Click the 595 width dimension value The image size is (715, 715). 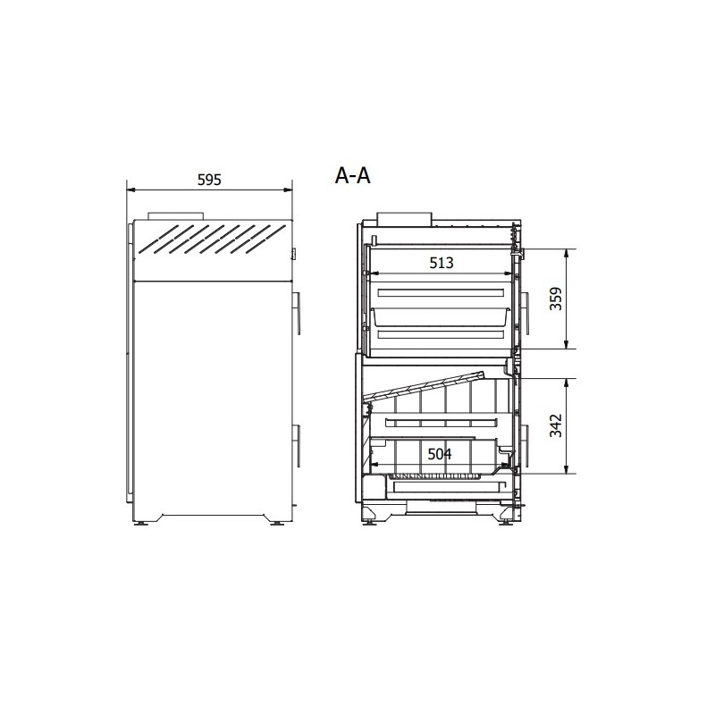tap(209, 180)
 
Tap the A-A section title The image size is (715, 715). tap(352, 175)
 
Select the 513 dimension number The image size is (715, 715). tap(442, 263)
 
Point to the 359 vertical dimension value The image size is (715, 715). tap(556, 299)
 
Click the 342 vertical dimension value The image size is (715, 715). tap(556, 425)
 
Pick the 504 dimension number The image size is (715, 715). tap(440, 454)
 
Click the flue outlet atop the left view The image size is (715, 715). tap(175, 216)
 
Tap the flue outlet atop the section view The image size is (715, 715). tap(404, 218)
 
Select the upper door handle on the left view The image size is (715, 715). tap(297, 313)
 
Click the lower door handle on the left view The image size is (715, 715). tap(297, 445)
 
